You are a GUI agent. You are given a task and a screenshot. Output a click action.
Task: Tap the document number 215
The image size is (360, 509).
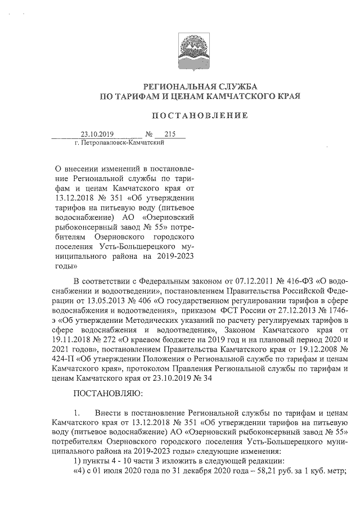click(163, 134)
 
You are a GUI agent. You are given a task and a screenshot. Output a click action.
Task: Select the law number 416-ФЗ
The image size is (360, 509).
click(296, 280)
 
